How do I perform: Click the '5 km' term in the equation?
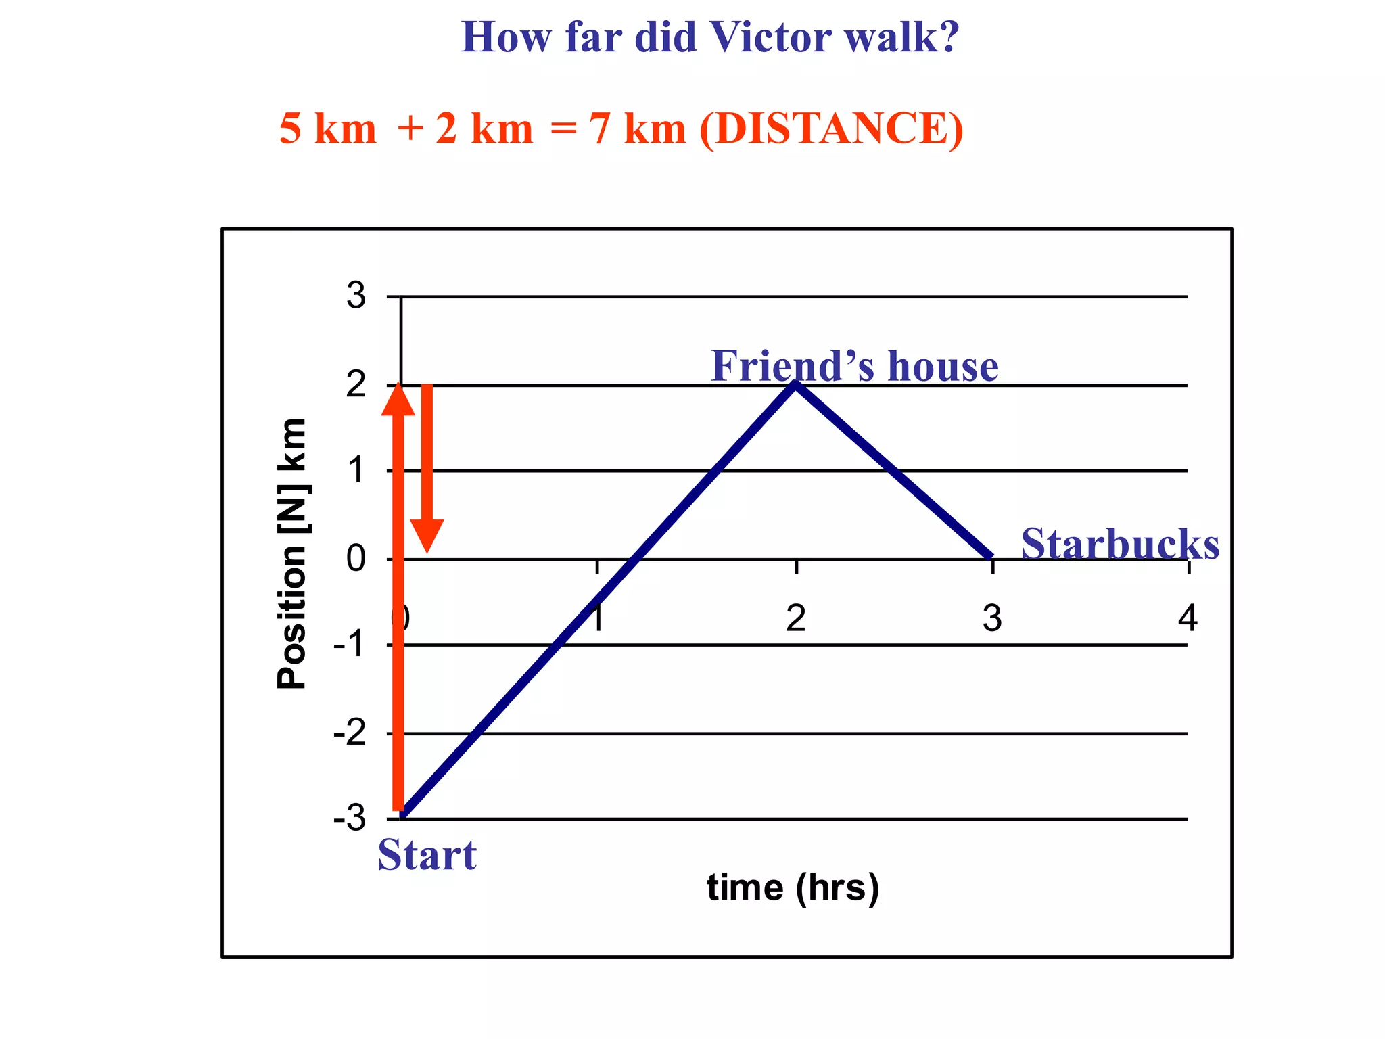[x=327, y=129]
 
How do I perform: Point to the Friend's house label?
[x=854, y=366]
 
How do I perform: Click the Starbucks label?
[x=1120, y=544]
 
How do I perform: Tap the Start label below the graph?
[x=427, y=855]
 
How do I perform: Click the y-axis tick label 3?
[x=356, y=296]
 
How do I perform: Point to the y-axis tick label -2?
[x=350, y=733]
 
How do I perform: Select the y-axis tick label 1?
[x=356, y=470]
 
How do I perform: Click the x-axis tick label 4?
[x=1188, y=618]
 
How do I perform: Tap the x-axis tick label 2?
[x=795, y=618]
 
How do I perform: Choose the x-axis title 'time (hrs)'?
[x=793, y=887]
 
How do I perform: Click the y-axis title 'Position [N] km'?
[x=292, y=553]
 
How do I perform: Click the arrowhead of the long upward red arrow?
[x=398, y=399]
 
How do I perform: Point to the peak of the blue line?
[x=796, y=384]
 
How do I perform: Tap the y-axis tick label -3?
[x=350, y=818]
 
